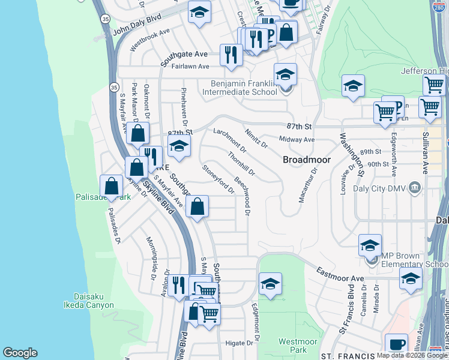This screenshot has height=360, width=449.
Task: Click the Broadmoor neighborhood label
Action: tap(304, 161)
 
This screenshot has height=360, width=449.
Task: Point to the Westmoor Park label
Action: tap(294, 346)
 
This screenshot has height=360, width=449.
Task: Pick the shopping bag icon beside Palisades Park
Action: tap(112, 187)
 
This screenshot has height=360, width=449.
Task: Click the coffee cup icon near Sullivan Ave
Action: tap(396, 344)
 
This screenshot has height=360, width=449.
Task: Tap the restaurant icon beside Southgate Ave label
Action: tap(231, 55)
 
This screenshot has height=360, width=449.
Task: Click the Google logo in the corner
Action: tap(20, 353)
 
